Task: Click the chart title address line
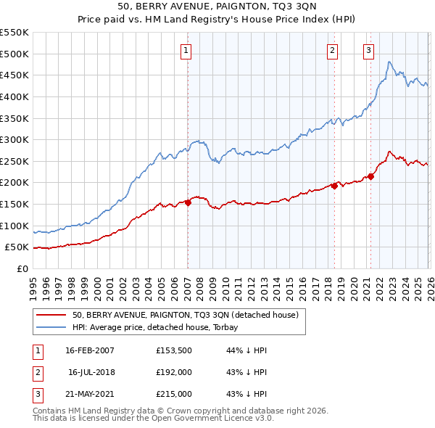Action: click(217, 7)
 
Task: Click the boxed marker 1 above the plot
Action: click(186, 50)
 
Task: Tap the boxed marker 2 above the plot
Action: click(332, 50)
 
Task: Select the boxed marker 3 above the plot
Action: click(368, 50)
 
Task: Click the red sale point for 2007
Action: click(188, 202)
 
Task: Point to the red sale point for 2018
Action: click(334, 186)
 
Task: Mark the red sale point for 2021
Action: click(370, 176)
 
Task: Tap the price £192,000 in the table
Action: click(174, 372)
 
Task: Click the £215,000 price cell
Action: click(174, 394)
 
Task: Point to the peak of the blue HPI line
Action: click(389, 62)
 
